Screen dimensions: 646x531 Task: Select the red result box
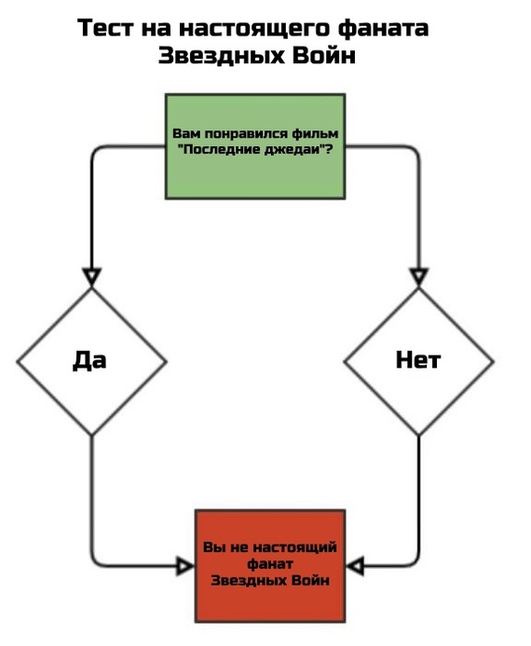269,565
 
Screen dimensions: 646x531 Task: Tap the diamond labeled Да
90,360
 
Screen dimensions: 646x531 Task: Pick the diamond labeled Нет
418,360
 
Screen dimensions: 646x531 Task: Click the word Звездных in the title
211,56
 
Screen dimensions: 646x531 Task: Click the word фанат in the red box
269,564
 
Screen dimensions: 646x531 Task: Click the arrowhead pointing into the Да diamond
90,276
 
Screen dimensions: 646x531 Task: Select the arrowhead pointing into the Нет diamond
418,276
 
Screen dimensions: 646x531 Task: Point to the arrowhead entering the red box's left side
185,564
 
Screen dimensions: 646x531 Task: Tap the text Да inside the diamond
89,360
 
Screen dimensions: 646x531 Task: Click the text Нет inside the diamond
418,360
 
